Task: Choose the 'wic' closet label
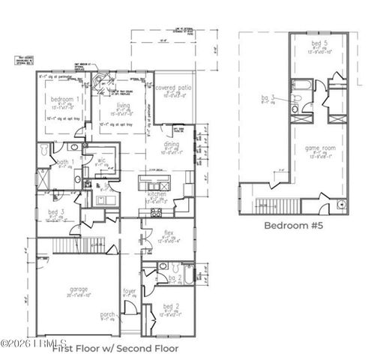pos(101,159)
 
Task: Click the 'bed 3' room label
pos(56,212)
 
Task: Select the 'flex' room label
pos(169,232)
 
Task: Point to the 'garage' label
pos(79,289)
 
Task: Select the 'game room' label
pos(319,148)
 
